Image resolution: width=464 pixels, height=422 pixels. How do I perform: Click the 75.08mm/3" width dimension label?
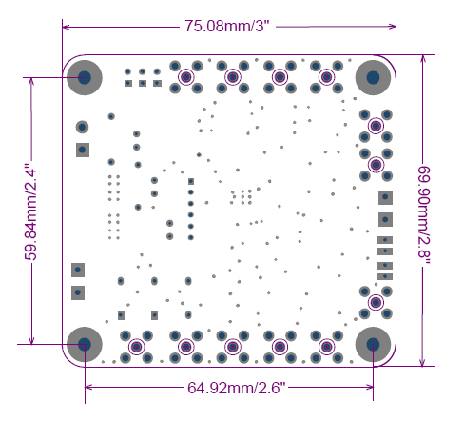(x=227, y=26)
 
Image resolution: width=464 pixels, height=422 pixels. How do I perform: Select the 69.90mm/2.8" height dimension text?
(x=424, y=216)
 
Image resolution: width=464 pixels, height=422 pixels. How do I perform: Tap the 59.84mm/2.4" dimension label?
(x=31, y=211)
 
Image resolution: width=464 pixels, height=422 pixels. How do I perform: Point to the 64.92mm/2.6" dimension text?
(x=236, y=388)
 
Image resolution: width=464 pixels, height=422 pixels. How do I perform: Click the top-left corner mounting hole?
(x=85, y=77)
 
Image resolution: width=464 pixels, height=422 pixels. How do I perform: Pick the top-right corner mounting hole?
(x=373, y=77)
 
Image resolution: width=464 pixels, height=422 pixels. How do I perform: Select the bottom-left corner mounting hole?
(x=85, y=345)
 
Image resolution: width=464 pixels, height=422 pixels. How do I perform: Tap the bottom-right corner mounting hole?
(x=373, y=345)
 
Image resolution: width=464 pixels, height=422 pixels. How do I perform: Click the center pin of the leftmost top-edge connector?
(x=186, y=77)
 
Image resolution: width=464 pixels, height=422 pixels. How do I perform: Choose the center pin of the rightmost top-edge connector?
(x=326, y=77)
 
